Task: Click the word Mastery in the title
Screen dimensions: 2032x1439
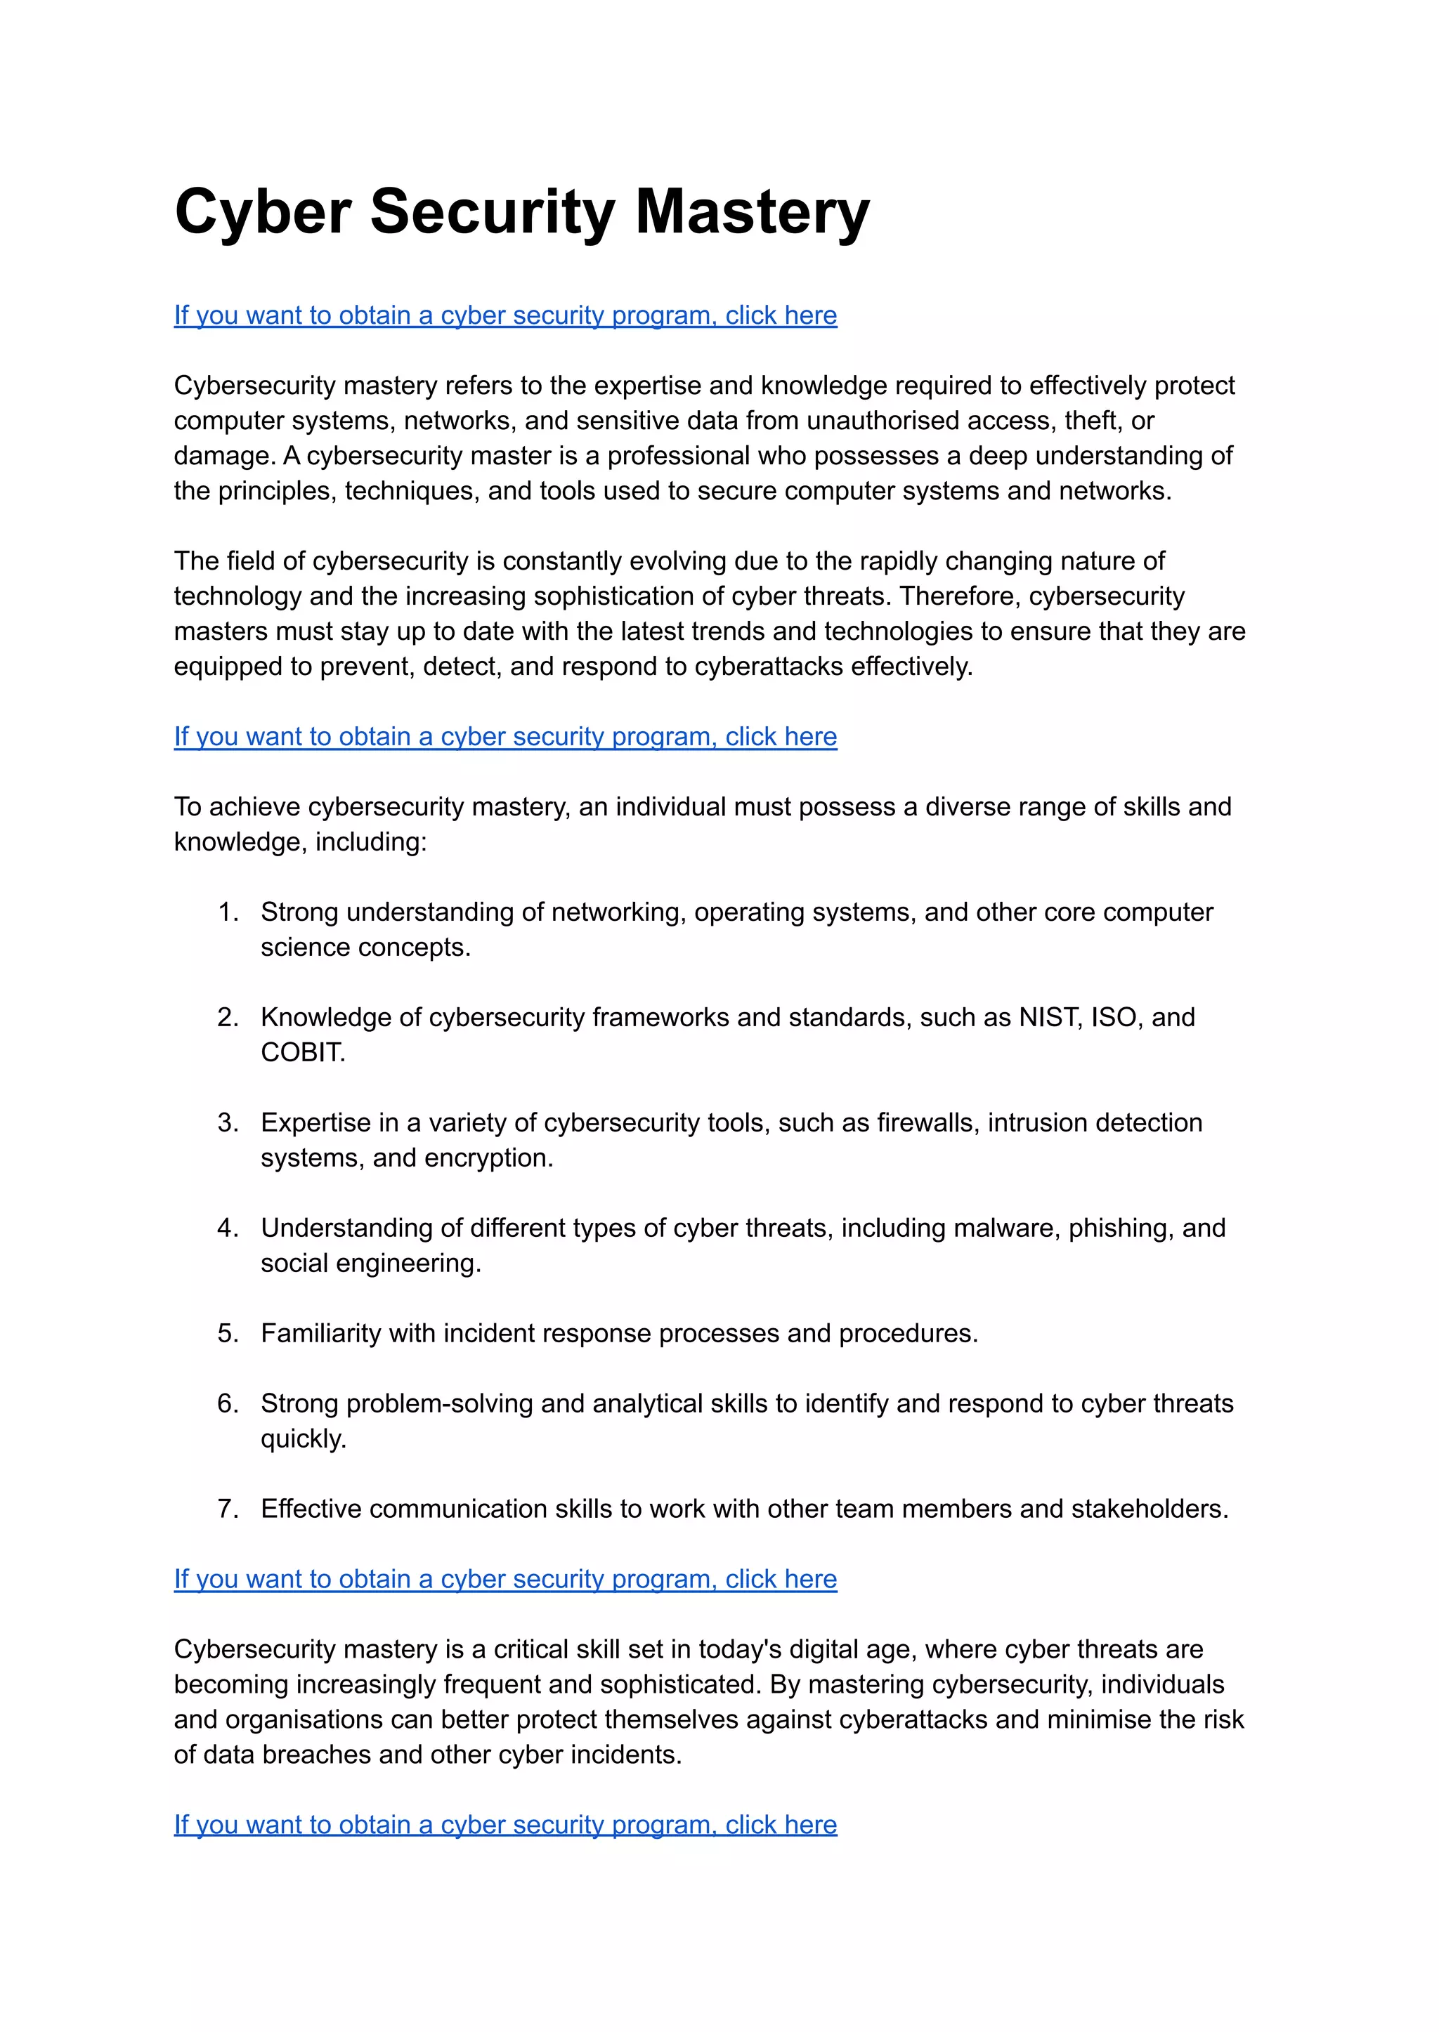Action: point(753,213)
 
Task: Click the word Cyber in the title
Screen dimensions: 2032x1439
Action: point(263,213)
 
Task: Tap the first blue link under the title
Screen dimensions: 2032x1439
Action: point(505,315)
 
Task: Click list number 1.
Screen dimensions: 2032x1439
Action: point(228,912)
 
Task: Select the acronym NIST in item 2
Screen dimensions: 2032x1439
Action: point(1049,1018)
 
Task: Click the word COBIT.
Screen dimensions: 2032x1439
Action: point(301,1052)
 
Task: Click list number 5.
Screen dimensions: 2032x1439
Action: point(228,1333)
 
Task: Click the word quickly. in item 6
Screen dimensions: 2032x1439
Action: point(303,1439)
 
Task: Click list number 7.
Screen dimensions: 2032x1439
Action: point(228,1509)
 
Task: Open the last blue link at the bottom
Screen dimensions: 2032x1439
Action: point(505,1825)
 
